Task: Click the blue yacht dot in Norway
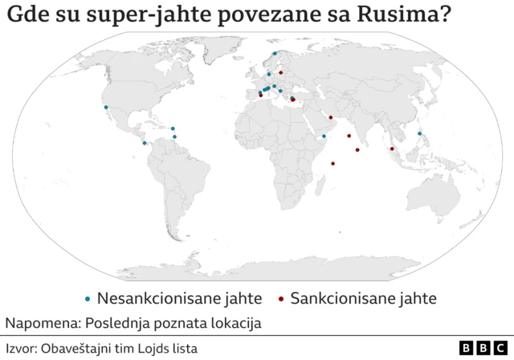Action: [275, 54]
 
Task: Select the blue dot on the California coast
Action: [105, 107]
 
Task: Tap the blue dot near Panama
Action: [145, 143]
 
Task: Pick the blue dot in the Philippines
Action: [419, 133]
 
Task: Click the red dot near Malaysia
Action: [392, 149]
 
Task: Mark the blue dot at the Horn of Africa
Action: [324, 137]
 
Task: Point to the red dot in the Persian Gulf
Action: [330, 117]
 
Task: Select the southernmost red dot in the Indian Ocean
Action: [332, 164]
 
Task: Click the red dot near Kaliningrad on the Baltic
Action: [280, 72]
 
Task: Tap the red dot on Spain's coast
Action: [260, 95]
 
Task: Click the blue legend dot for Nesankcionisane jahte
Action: [88, 299]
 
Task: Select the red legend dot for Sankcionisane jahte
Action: [281, 299]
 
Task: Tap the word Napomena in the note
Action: [38, 324]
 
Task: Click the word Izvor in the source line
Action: [22, 348]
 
